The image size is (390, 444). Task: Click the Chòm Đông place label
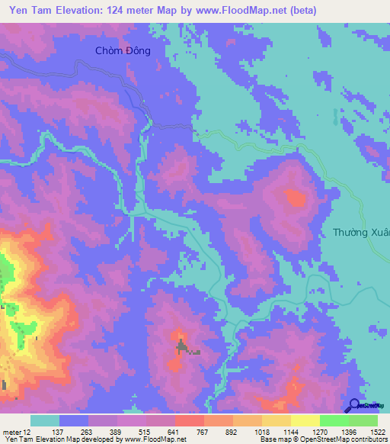point(123,51)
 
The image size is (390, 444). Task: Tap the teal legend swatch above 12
point(45,420)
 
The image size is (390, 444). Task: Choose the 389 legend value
point(117,431)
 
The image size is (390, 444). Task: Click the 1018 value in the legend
point(262,431)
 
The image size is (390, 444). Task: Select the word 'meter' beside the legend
point(11,431)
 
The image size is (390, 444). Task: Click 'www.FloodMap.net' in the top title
point(246,11)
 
